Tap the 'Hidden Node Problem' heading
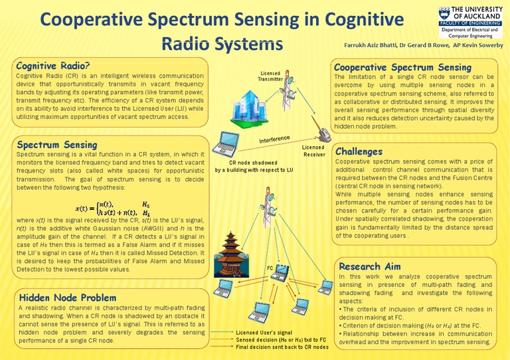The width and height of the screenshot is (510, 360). [x=64, y=297]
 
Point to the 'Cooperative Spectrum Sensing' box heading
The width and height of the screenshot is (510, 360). [x=402, y=67]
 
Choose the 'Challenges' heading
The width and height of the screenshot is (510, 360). [x=359, y=151]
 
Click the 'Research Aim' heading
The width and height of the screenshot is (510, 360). [x=369, y=266]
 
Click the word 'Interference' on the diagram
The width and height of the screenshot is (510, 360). [x=274, y=139]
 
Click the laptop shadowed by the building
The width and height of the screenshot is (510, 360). [x=230, y=145]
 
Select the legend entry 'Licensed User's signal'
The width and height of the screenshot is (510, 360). [x=263, y=331]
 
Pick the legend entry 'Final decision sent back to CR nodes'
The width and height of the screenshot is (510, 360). [x=282, y=347]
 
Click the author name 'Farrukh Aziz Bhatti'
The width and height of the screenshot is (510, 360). [x=369, y=45]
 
